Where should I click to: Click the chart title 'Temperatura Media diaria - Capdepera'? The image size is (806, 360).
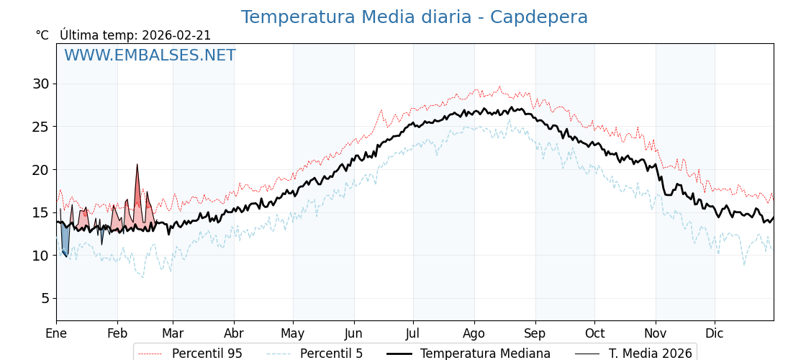[414, 17]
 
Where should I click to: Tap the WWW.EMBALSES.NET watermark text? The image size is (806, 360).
[150, 55]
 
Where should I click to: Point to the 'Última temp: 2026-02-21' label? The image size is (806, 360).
[135, 35]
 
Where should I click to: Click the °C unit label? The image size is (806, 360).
[42, 35]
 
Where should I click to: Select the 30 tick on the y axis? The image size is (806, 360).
[40, 84]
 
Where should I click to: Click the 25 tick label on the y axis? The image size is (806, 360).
[40, 127]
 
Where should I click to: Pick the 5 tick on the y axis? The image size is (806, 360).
[45, 298]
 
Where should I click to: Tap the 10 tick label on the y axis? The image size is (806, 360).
[40, 256]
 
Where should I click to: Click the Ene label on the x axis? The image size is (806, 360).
[56, 333]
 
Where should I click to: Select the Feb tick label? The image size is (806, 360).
[117, 333]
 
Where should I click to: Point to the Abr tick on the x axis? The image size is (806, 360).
[234, 333]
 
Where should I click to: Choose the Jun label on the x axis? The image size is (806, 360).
[353, 333]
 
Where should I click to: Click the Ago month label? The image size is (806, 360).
[474, 333]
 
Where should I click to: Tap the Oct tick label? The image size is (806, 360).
[594, 333]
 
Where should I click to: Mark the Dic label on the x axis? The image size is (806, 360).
[715, 333]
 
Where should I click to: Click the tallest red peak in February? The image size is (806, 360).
[137, 166]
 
